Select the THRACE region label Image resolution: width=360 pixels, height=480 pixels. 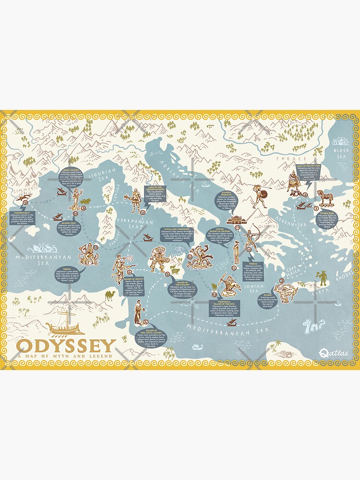(x=294, y=159)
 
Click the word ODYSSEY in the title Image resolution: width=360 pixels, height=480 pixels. (x=66, y=346)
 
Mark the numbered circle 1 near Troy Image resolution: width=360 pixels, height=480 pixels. (x=316, y=208)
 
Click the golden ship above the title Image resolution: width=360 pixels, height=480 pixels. (x=65, y=328)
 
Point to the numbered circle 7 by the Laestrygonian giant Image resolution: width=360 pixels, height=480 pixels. (x=142, y=212)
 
